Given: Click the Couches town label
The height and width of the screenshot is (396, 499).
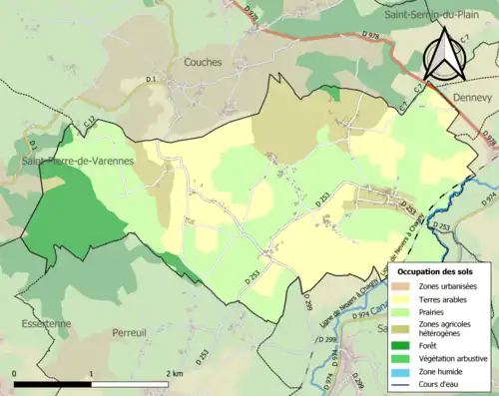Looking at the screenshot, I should [203, 62].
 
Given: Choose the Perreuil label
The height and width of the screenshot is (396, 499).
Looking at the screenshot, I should [130, 331].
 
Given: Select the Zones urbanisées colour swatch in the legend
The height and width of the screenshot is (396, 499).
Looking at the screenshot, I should [405, 286].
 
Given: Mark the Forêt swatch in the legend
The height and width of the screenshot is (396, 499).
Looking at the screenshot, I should [405, 344].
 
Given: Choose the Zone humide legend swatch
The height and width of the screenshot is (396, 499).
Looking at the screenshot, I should [405, 370].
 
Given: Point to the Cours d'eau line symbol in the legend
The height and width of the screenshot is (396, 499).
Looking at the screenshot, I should [405, 383].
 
